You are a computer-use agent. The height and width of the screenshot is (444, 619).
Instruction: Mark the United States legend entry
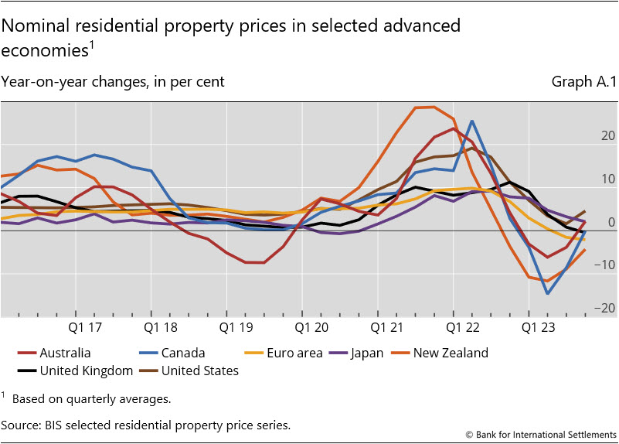point(199,371)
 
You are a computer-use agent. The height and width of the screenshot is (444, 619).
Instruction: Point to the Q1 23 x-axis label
point(538,327)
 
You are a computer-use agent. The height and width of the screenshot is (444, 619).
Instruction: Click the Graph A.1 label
point(583,81)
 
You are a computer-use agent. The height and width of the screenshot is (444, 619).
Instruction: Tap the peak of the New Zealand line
point(433,107)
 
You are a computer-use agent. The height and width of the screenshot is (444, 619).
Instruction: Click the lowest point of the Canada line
point(548,293)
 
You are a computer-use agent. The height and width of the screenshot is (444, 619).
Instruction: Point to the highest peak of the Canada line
point(472,121)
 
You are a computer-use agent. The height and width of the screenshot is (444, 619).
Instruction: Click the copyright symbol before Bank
point(468,435)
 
